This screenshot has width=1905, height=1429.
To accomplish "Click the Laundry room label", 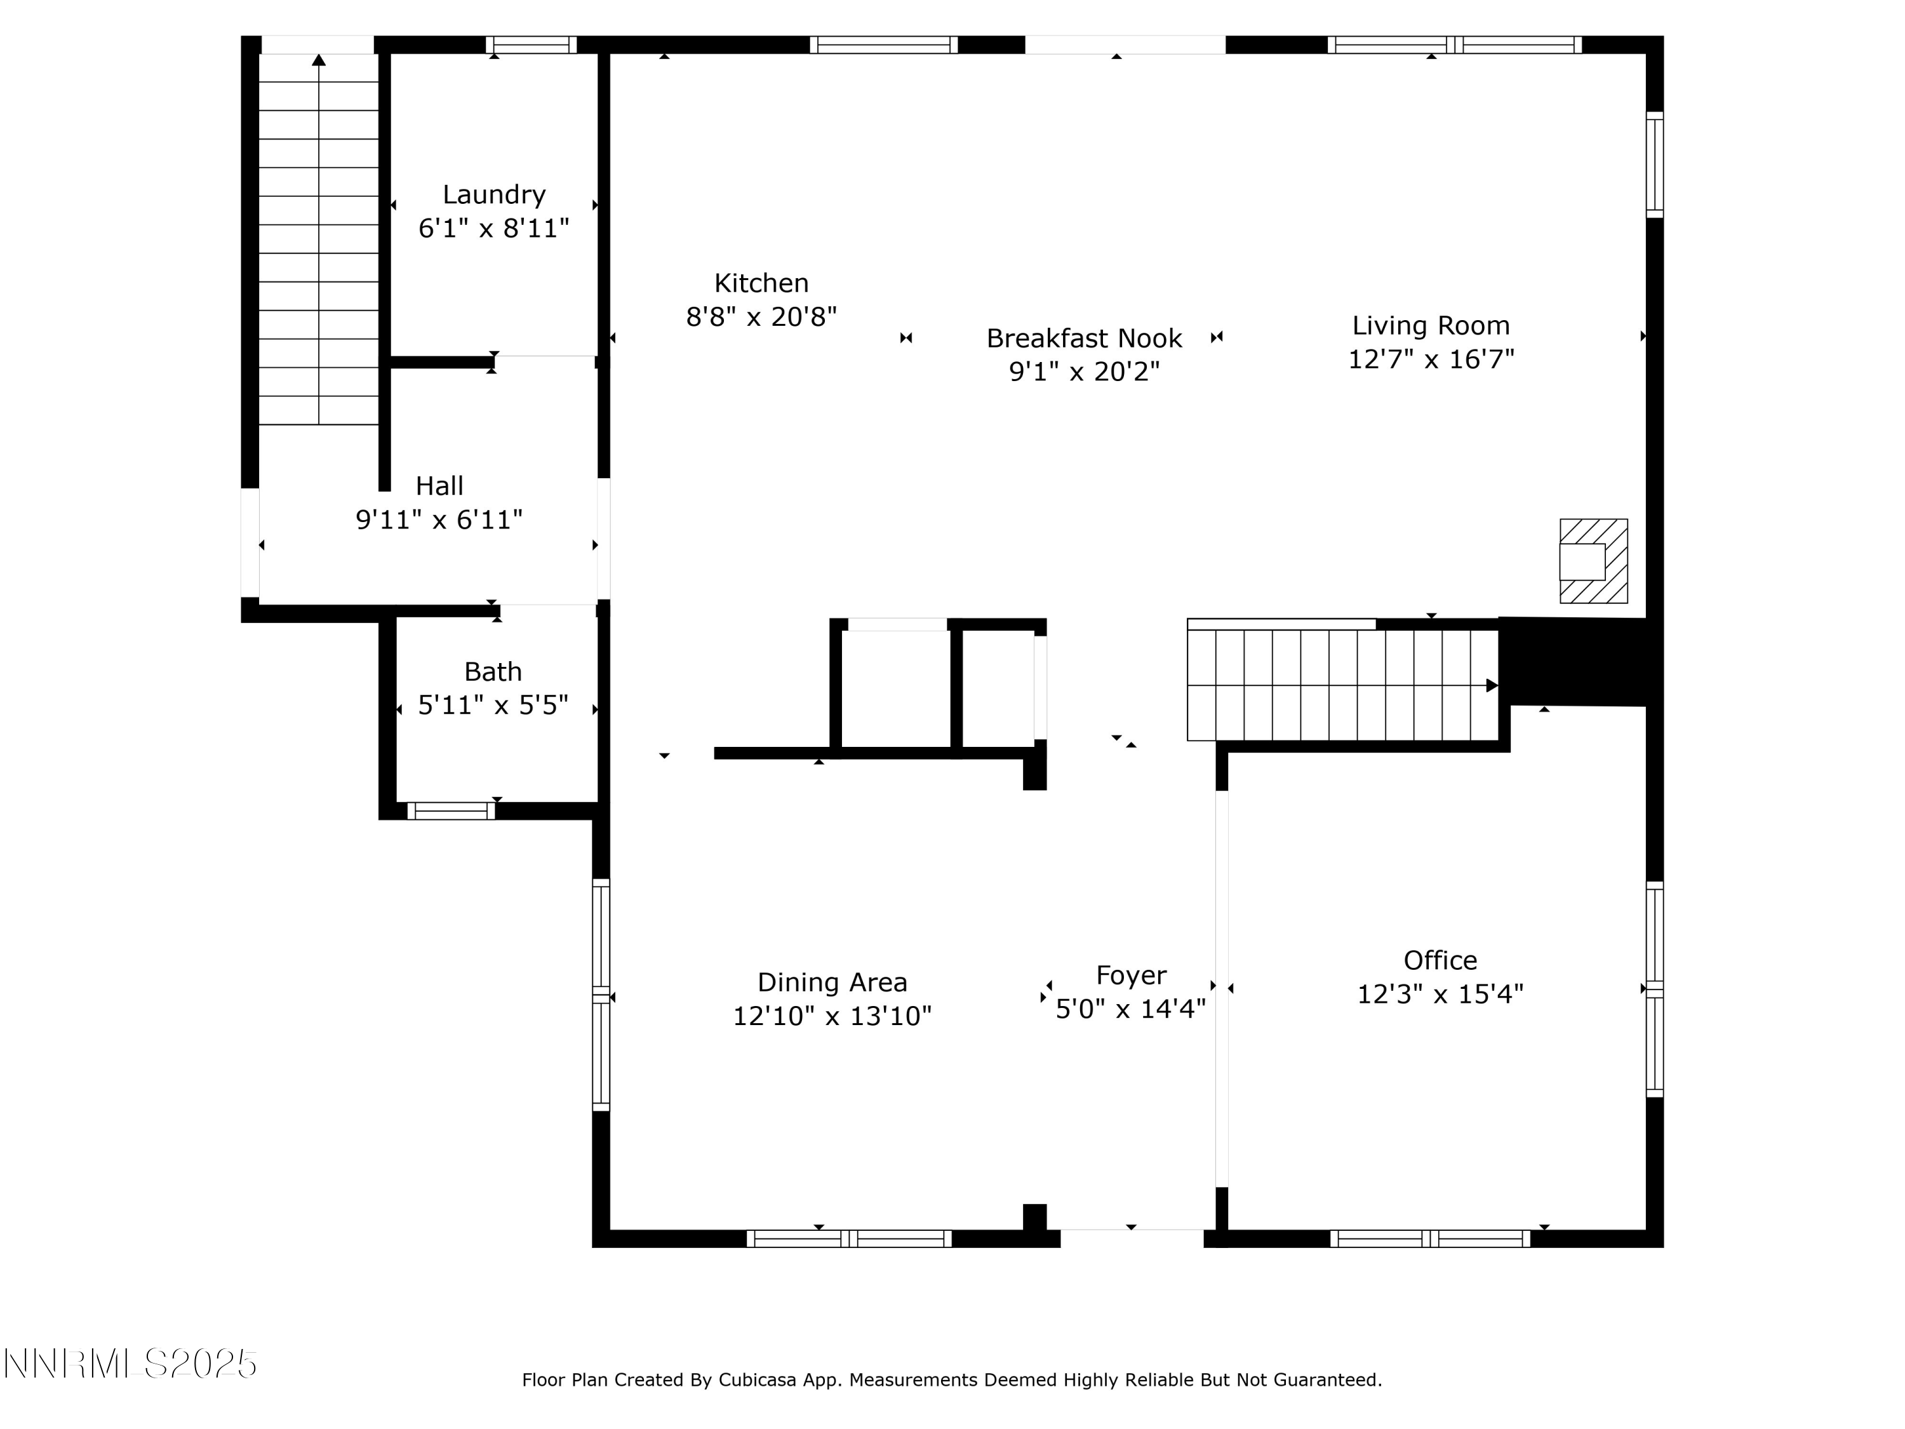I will (x=493, y=195).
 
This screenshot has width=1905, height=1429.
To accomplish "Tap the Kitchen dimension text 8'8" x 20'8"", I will (x=761, y=317).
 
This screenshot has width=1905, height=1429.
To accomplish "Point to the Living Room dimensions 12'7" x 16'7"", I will (x=1431, y=359).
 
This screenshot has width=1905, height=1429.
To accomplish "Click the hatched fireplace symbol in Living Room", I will (x=1593, y=561).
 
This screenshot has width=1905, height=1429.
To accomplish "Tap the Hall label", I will (x=439, y=486).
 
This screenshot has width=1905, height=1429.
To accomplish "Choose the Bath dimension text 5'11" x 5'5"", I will (x=493, y=706).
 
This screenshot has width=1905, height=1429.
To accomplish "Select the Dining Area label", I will (x=832, y=982).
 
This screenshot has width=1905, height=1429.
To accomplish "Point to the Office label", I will (x=1440, y=960).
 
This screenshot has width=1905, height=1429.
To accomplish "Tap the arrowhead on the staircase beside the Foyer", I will (x=1492, y=686).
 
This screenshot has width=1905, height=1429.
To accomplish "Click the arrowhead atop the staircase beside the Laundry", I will (x=319, y=60).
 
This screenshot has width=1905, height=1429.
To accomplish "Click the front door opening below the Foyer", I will (x=1131, y=1238).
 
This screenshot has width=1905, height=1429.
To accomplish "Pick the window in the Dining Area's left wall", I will (x=601, y=995).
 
